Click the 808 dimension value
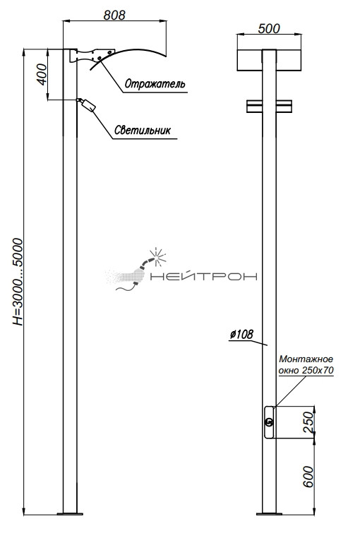coord(114,15)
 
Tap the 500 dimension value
coord(269,29)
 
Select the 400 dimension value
coord(42,74)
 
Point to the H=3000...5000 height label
coord(18,282)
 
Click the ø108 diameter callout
coord(241,334)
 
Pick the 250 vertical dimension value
coord(309,422)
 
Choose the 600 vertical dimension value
coord(309,477)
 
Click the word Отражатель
coord(155,84)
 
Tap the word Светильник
coord(143,130)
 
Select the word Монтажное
coord(306,359)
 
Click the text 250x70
coord(318,371)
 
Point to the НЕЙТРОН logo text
coord(204,277)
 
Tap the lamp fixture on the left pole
coord(86,104)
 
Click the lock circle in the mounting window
coord(269,422)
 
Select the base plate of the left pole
coord(70,513)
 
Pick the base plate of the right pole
coord(269,513)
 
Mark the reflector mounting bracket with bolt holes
coord(92,55)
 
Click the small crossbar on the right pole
coord(269,107)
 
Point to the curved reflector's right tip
coord(166,56)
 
